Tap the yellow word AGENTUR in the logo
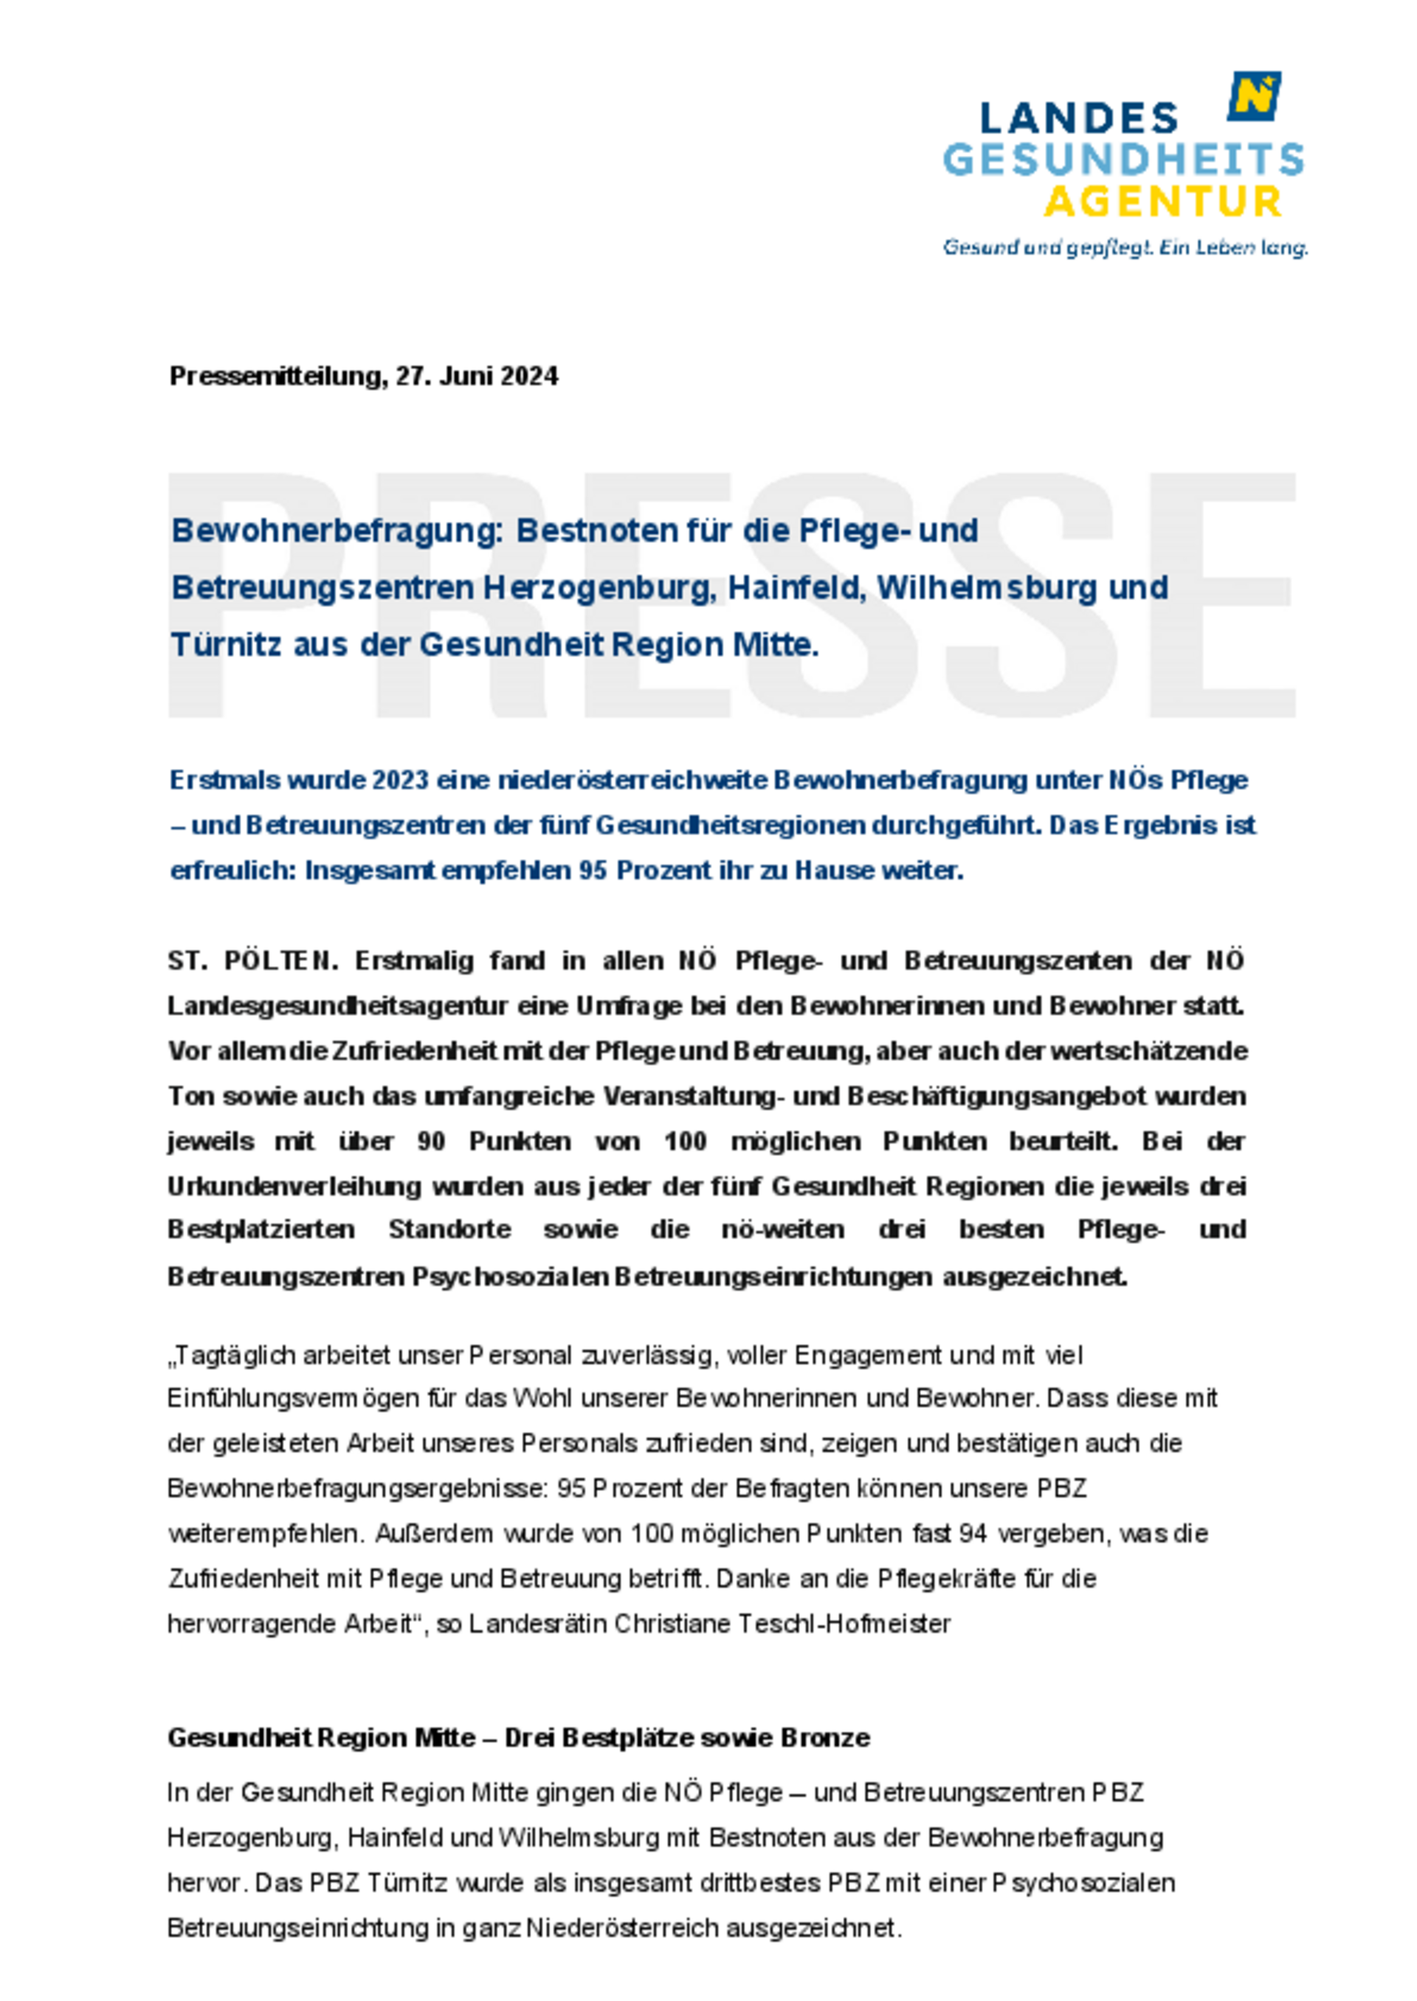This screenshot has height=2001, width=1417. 1163,202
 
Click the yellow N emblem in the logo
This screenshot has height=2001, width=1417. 1255,96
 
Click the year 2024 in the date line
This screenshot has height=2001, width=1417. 530,376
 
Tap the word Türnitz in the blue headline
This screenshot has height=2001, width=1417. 226,645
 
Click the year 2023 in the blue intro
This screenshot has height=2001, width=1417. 401,780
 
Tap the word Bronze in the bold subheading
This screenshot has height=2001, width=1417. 825,1738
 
